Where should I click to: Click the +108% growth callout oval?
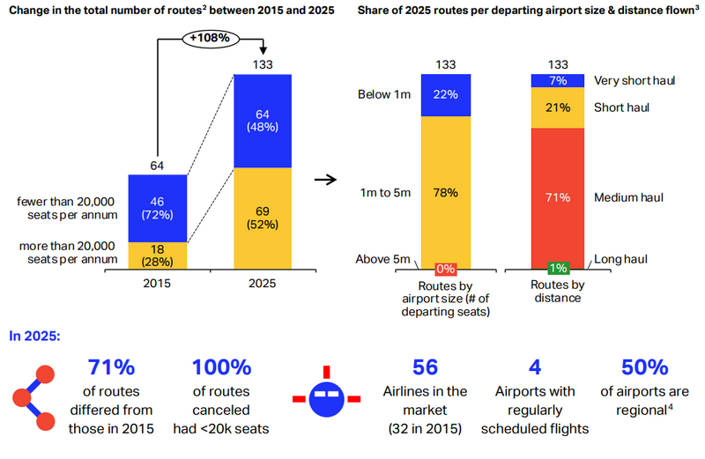(x=210, y=39)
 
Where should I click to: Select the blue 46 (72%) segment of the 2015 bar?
(x=158, y=209)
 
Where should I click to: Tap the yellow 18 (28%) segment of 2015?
(x=158, y=255)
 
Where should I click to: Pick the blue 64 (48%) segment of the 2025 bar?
(x=263, y=121)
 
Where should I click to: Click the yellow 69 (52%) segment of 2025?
(x=263, y=218)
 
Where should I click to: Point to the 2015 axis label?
(x=157, y=284)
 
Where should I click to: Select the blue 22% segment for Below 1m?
(x=446, y=95)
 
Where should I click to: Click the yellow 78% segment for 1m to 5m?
(x=446, y=193)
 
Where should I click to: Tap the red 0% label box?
(x=446, y=270)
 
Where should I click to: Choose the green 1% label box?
(x=558, y=269)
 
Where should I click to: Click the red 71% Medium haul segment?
(x=558, y=198)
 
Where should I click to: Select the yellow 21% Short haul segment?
(x=558, y=107)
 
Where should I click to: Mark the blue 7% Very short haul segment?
(x=558, y=81)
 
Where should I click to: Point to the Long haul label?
(x=620, y=259)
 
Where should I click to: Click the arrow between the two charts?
(x=325, y=180)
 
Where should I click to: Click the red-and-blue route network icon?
(x=33, y=398)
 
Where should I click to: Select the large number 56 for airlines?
(x=425, y=367)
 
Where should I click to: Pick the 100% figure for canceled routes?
(x=221, y=367)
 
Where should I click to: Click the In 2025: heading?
(x=34, y=337)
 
